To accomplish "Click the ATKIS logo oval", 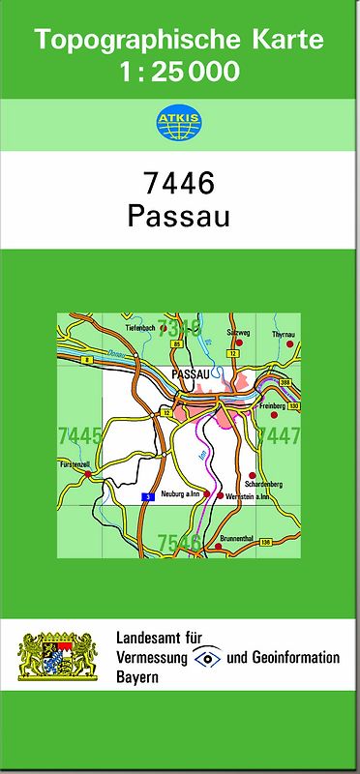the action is coord(179,122).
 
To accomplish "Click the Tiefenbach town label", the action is coord(141,329).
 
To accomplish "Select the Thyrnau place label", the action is coord(283,334).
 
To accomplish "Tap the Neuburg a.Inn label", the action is coord(180,492).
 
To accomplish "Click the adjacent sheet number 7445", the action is coord(79,434).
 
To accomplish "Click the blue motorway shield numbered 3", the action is coord(148,496).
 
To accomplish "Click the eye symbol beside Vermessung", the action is coord(206,657).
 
